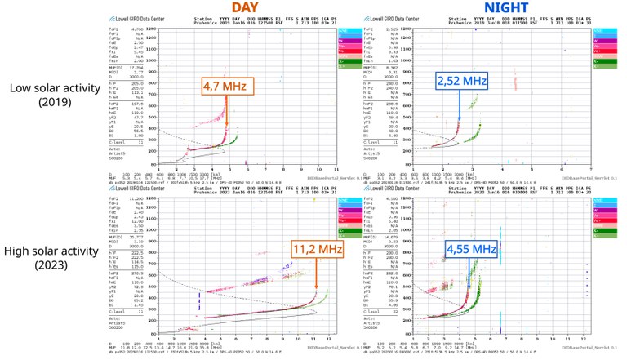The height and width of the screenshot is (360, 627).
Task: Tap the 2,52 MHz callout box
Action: tap(460, 82)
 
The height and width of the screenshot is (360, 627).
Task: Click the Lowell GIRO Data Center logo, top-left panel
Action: tap(131, 16)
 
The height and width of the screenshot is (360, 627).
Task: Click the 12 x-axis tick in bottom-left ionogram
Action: tap(328, 339)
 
